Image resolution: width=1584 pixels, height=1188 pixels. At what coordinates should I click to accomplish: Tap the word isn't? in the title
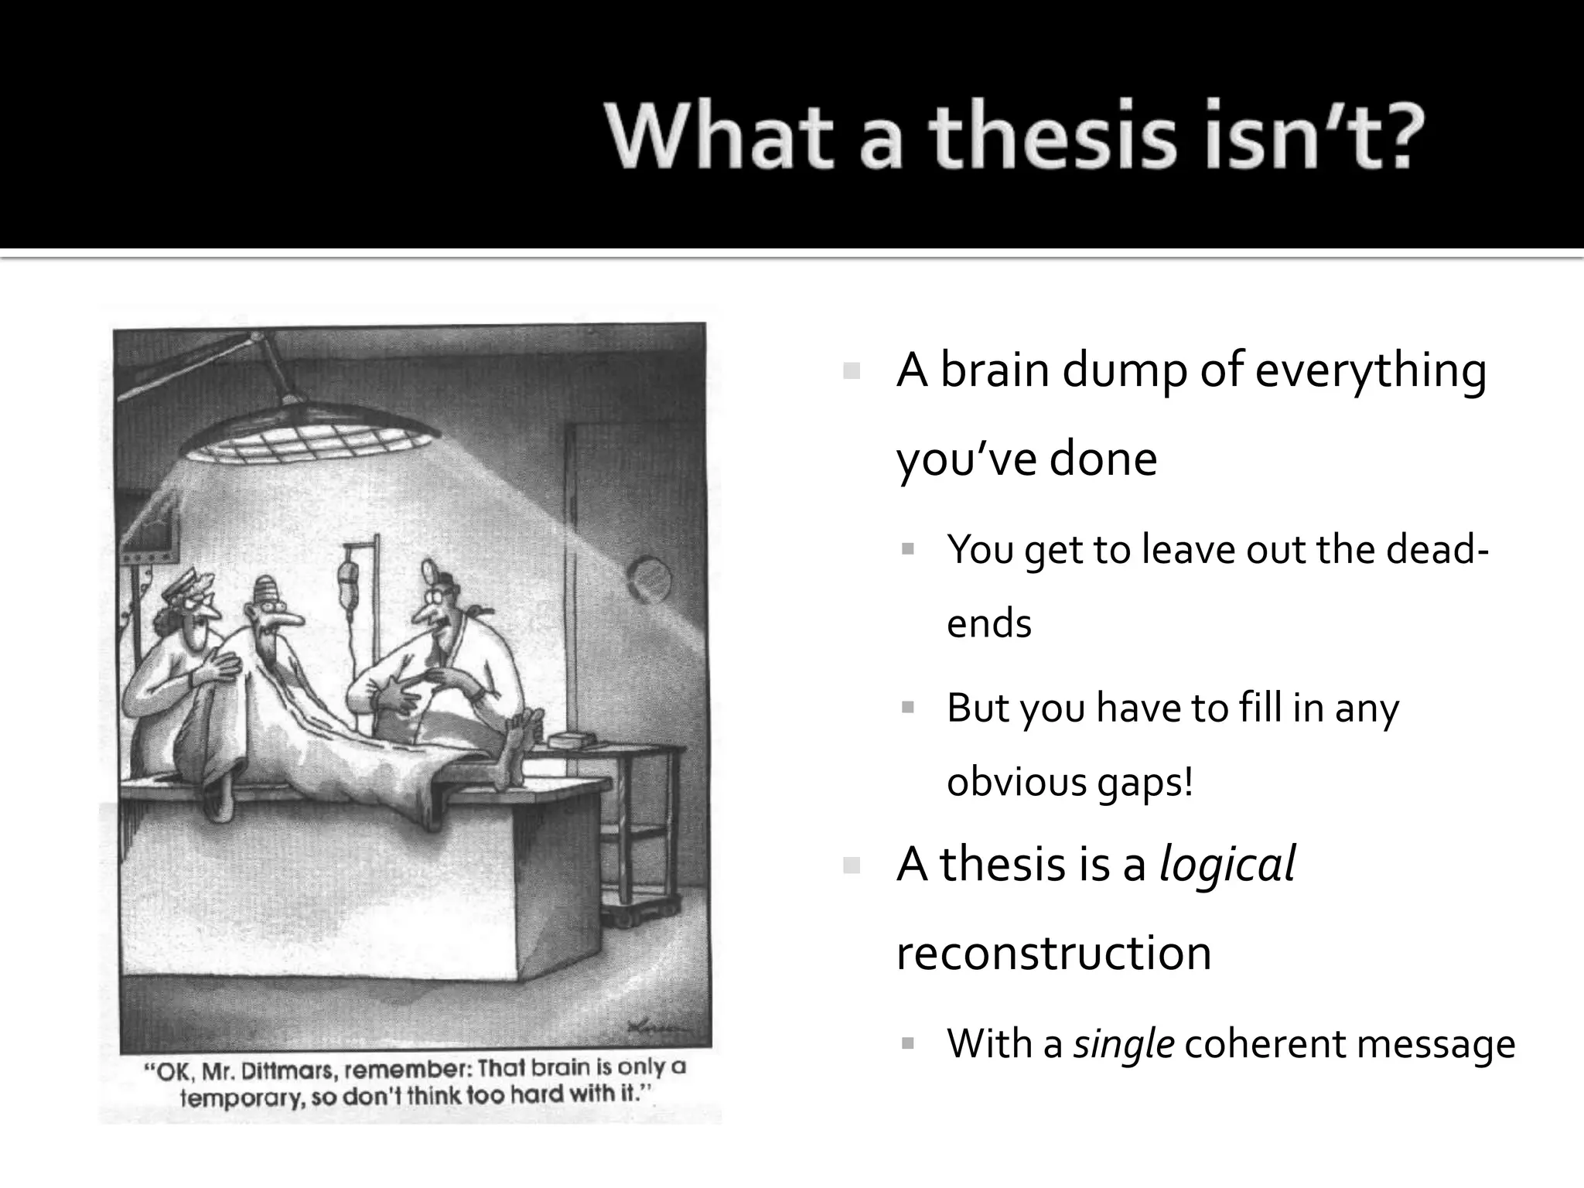pyautogui.click(x=1316, y=140)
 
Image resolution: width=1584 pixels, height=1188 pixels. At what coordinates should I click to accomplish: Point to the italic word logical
pyautogui.click(x=1227, y=865)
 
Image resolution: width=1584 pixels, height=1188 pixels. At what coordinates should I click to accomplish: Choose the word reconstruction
pyautogui.click(x=1053, y=952)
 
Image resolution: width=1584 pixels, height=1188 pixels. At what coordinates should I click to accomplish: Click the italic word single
pyautogui.click(x=1124, y=1045)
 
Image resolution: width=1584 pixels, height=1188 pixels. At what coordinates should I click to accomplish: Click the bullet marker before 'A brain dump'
pyautogui.click(x=852, y=371)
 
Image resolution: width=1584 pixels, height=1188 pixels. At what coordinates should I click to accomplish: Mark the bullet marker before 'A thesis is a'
pyautogui.click(x=852, y=865)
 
